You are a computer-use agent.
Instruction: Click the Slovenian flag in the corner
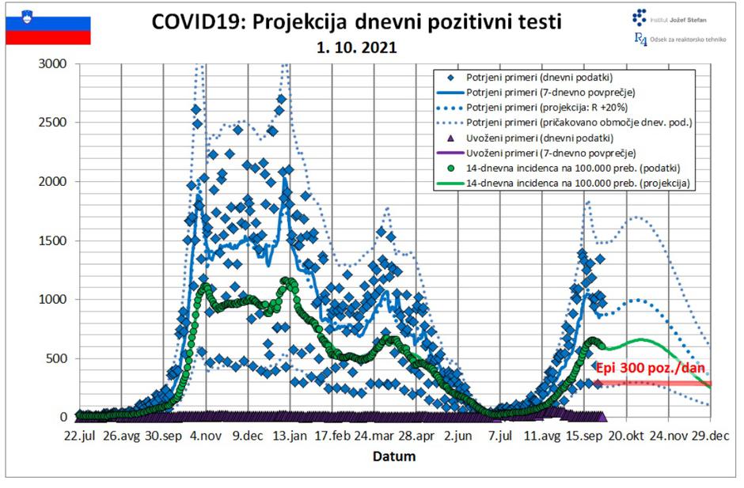(48, 25)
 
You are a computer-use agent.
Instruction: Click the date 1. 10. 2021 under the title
(356, 47)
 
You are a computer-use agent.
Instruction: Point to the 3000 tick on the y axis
(54, 63)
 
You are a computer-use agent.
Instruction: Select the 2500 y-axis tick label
(54, 123)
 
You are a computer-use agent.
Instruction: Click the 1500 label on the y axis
(54, 240)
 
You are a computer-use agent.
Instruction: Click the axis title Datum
(394, 456)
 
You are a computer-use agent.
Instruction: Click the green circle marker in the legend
(449, 168)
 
